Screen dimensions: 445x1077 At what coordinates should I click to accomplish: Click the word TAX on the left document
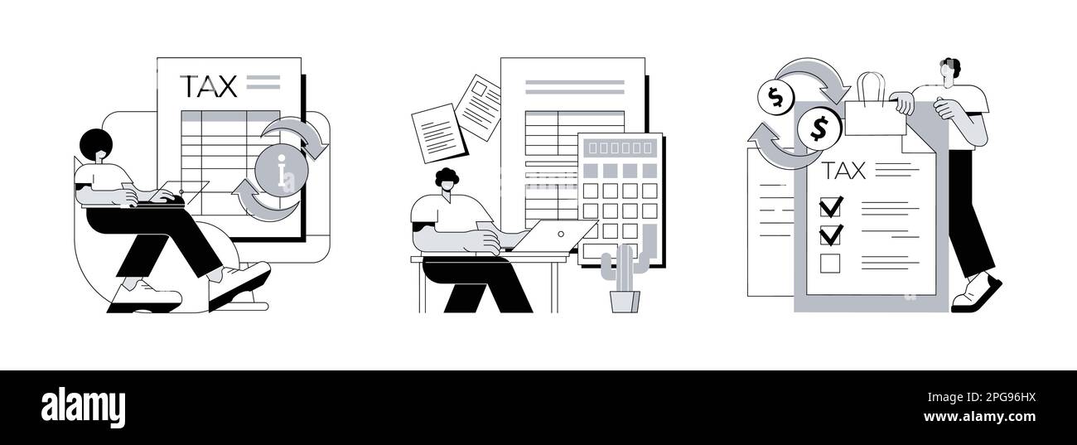coord(209,85)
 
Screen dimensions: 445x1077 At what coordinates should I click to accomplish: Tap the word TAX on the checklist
coord(843,171)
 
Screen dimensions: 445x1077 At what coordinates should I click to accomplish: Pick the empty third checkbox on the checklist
coord(829,264)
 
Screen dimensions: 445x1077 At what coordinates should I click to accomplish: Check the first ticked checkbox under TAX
coord(830,206)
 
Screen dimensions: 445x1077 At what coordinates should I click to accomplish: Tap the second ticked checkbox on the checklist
coord(830,235)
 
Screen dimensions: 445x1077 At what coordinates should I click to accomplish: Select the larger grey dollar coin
coord(819,128)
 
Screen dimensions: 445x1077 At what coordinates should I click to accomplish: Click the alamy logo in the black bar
coord(83,408)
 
